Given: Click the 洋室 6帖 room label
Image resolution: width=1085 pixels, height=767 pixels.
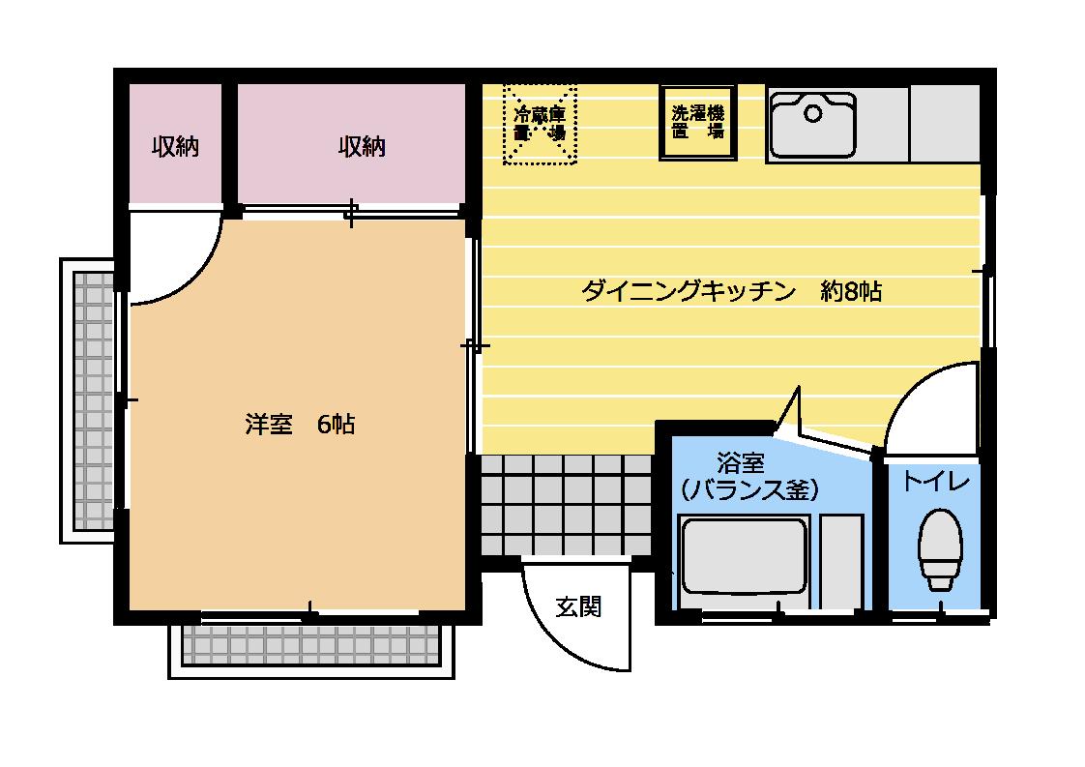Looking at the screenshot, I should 299,425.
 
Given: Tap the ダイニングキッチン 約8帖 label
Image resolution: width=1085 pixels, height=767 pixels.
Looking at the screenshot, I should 730,291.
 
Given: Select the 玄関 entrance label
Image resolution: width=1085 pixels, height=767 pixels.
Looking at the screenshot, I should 578,606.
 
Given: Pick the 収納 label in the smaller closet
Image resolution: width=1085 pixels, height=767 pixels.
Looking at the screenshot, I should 175,147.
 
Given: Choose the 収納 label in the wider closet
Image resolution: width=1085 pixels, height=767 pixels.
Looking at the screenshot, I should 362,147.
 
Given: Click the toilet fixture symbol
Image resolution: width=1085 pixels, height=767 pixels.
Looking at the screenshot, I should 939,548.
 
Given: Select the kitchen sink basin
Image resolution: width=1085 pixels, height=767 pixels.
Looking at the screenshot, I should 812,125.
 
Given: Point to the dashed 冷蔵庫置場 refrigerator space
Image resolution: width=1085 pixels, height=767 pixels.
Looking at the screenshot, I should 540,125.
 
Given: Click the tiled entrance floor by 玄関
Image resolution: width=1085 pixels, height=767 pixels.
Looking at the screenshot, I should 566,503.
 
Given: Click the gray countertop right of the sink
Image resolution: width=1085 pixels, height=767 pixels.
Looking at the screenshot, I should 945,123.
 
